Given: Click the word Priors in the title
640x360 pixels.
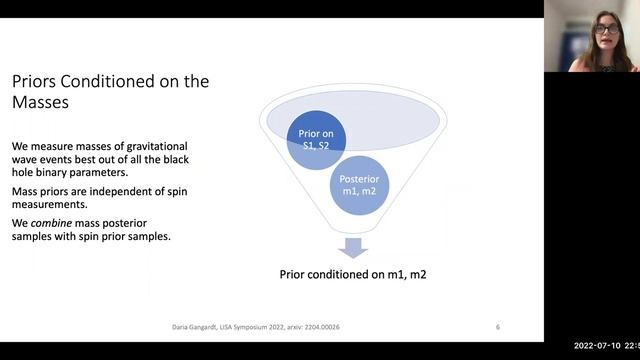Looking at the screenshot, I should [35, 81].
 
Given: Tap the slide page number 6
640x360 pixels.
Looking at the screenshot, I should [498, 326].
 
